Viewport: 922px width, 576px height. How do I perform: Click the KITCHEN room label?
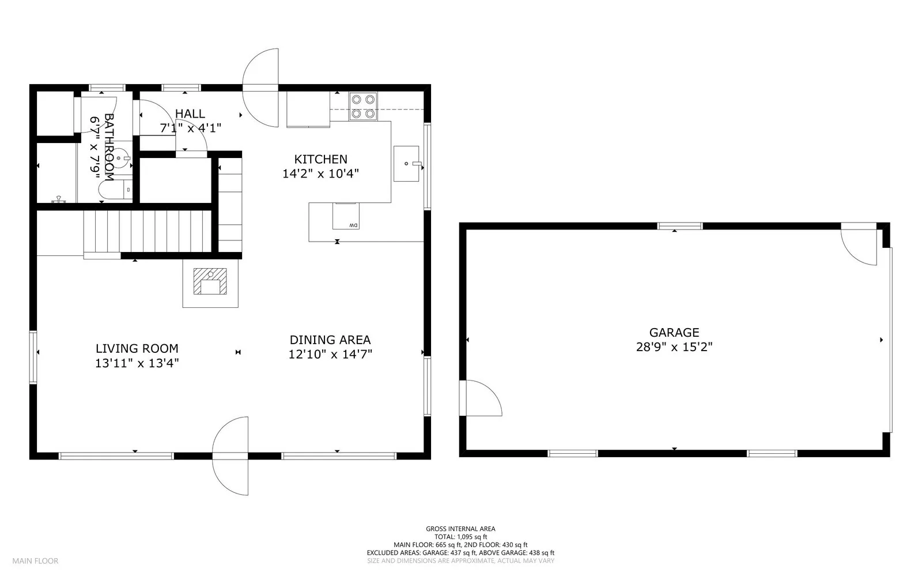pos(320,159)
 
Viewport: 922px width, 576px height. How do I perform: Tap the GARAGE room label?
pos(674,332)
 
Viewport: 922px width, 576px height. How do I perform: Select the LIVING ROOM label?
pos(137,348)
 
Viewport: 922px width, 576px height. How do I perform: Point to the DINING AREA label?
pos(330,340)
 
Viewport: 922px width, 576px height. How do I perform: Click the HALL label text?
pos(190,114)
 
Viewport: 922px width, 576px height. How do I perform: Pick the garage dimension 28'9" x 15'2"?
pos(674,347)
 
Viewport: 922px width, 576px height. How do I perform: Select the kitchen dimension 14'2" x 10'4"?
pos(320,174)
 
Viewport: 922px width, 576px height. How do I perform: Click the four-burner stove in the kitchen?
pos(363,106)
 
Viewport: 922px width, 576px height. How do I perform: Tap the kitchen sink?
pos(406,163)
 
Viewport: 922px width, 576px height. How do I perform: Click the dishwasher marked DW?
pos(346,216)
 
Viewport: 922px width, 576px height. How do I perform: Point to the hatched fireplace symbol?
pos(210,281)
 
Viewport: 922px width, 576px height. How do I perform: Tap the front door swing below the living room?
pos(231,455)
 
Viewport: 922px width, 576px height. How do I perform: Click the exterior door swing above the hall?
pos(260,88)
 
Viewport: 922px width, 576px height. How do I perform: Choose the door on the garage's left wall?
pos(481,398)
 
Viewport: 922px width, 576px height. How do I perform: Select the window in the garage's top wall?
pos(679,226)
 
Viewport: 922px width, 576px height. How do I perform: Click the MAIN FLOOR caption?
pos(35,561)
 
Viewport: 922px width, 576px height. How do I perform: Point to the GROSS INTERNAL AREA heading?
pos(460,529)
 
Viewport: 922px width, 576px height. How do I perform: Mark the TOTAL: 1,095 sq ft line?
pos(460,536)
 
